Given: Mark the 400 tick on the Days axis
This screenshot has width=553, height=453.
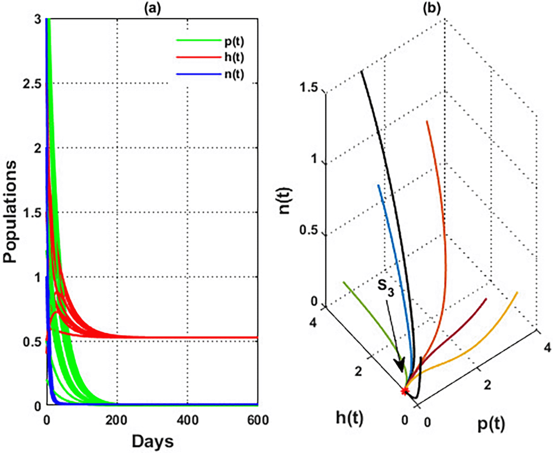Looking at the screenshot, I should tap(187, 419).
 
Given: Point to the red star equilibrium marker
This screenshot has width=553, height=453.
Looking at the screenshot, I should tap(405, 391).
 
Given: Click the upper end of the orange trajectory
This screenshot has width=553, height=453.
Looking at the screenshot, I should tap(427, 121).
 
